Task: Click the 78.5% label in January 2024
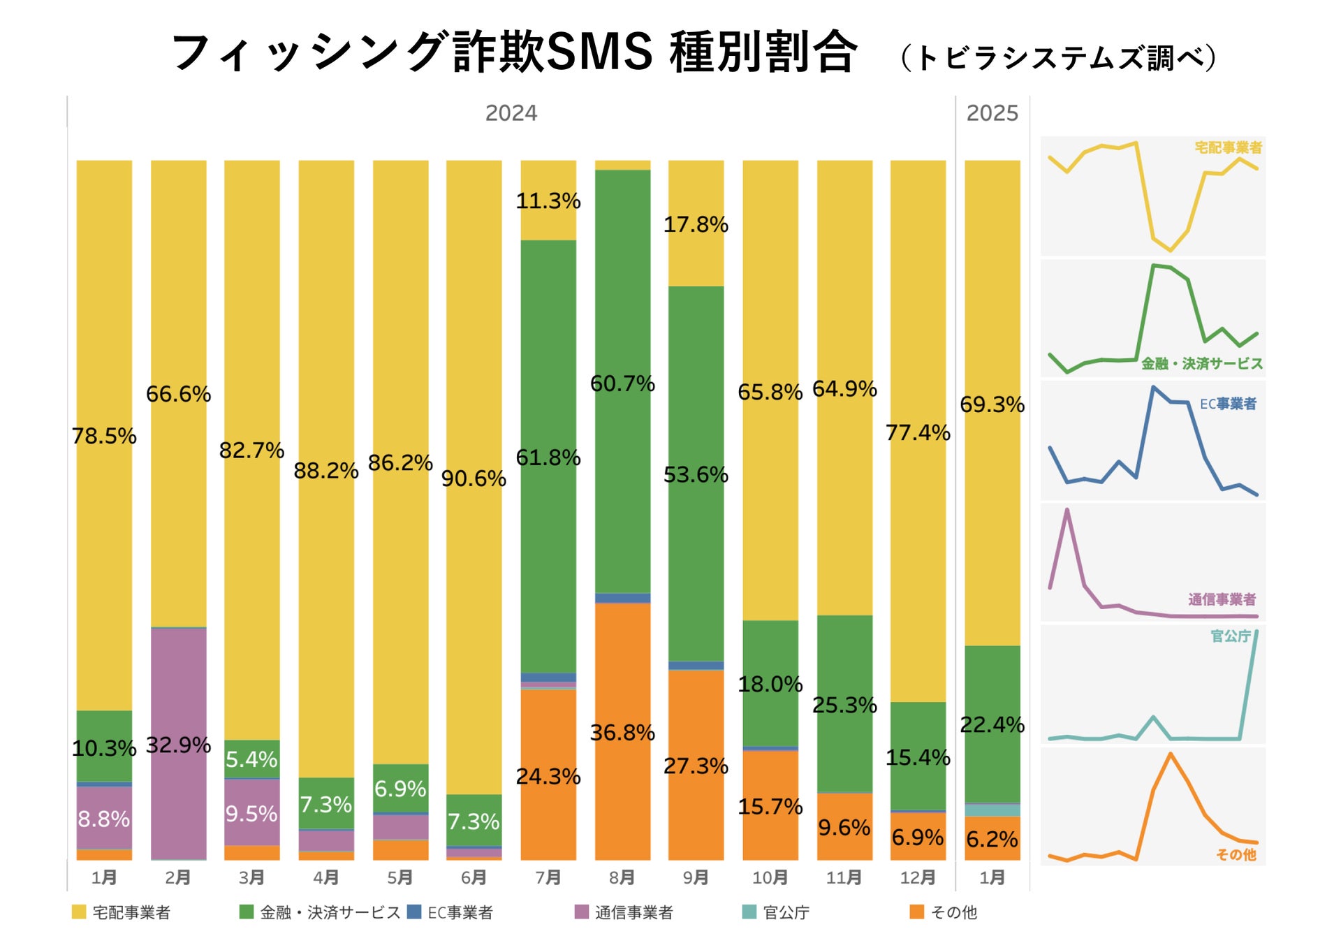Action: coord(104,436)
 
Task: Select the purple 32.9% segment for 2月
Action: coord(179,745)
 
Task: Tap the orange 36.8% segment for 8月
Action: coord(622,732)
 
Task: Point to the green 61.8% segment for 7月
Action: coord(548,458)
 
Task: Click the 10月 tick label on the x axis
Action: coord(770,877)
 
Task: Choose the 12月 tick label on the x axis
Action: coord(918,877)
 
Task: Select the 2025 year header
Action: coord(992,113)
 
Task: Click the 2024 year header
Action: coord(511,113)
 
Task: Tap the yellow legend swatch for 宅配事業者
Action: coord(79,912)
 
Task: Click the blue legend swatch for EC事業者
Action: coord(414,912)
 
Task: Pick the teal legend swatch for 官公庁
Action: coord(749,912)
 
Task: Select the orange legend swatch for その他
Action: coord(917,912)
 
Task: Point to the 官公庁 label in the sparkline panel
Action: coord(1230,636)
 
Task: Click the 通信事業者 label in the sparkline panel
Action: coord(1222,599)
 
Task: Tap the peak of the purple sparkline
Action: coord(1067,510)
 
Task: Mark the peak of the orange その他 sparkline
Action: coord(1171,754)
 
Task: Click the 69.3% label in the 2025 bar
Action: coord(992,404)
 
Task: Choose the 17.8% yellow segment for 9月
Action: coord(696,224)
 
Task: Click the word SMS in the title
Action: coord(600,52)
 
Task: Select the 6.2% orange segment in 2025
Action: coord(992,839)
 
